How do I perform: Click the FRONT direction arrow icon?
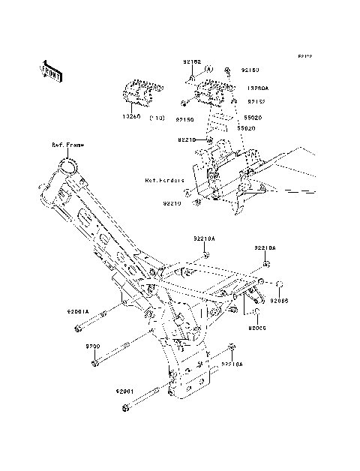[51, 70]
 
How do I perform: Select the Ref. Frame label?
[67, 145]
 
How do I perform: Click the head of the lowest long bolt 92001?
[125, 409]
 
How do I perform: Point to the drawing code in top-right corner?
[304, 56]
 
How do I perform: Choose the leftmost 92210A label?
[202, 238]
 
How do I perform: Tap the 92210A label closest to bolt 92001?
[232, 364]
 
